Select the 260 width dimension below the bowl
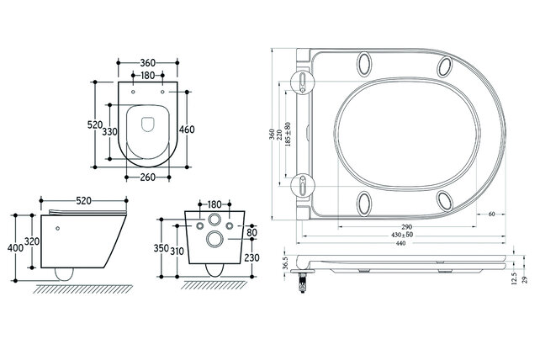coord(147,177)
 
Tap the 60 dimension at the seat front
coord(490,214)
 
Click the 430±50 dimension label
coord(405,236)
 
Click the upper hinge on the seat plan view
coord(302,79)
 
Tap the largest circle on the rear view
coord(214,240)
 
